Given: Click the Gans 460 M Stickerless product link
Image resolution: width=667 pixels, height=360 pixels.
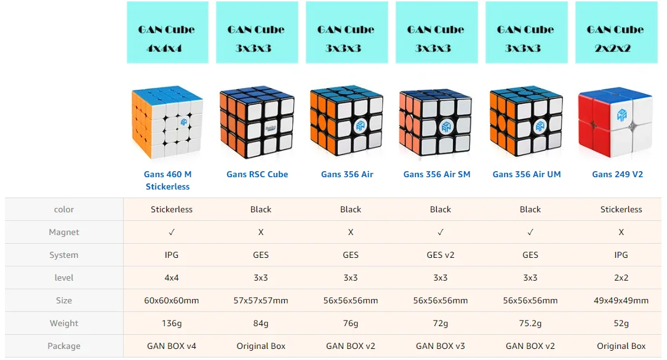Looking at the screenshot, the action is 167,180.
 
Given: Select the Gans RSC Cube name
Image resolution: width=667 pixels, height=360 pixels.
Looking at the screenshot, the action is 257,175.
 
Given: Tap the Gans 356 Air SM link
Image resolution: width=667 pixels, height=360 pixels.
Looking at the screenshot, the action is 437,175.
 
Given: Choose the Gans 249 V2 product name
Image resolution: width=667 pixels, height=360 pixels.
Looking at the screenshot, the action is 617,175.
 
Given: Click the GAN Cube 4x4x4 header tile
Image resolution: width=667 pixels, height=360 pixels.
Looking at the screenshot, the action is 167,33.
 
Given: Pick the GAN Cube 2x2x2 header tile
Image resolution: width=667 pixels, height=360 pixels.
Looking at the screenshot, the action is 617,33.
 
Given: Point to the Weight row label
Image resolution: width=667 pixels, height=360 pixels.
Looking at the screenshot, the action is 64,324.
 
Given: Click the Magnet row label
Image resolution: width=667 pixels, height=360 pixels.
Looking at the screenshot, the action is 64,233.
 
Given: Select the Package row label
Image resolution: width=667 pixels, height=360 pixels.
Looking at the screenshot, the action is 64,346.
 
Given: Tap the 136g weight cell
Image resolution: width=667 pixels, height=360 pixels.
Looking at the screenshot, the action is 172,324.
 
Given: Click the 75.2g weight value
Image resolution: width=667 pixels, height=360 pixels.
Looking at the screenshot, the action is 530,324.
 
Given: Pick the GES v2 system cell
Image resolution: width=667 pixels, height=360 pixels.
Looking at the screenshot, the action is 441,255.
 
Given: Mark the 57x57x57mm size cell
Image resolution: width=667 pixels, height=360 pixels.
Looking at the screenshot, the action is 261,300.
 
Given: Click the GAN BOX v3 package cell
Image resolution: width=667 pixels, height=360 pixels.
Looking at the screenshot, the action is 441,346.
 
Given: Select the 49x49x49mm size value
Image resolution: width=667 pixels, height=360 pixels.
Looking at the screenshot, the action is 621,300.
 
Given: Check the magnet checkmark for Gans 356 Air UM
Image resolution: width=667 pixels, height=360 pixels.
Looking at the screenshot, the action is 530,233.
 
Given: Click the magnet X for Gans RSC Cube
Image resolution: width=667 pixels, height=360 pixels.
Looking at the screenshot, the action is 261,233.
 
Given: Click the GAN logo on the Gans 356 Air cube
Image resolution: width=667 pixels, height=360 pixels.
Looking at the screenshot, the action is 361,126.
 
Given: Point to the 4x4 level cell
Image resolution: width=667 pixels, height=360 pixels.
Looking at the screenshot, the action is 172,278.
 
